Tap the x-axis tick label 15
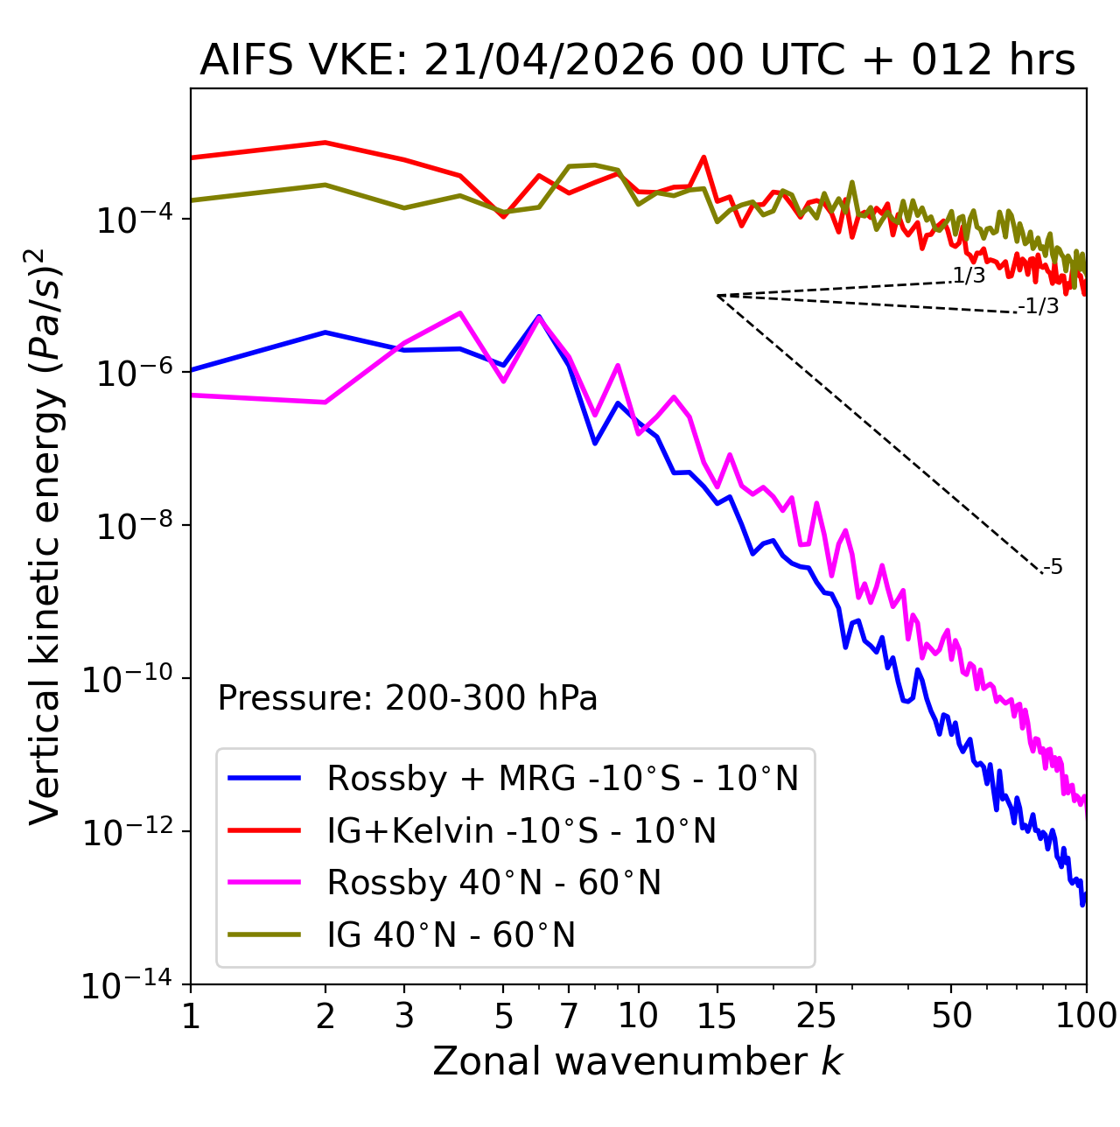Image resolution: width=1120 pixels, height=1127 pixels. [717, 1016]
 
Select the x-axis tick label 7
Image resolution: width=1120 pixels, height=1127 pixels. [569, 1016]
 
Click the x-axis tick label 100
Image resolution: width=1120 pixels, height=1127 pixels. [1086, 1016]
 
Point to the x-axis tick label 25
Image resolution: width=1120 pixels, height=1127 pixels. [815, 1016]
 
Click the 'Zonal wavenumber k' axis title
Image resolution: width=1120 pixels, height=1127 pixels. [638, 1060]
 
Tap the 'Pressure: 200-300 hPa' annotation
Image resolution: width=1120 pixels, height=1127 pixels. [407, 697]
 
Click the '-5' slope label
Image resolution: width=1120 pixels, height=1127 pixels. [1052, 567]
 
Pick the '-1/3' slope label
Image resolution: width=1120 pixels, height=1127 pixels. [1038, 306]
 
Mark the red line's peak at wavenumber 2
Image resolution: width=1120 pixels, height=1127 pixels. [325, 142]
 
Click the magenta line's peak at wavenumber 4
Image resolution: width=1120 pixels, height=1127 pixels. [460, 312]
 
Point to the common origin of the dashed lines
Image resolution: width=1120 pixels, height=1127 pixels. [717, 296]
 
